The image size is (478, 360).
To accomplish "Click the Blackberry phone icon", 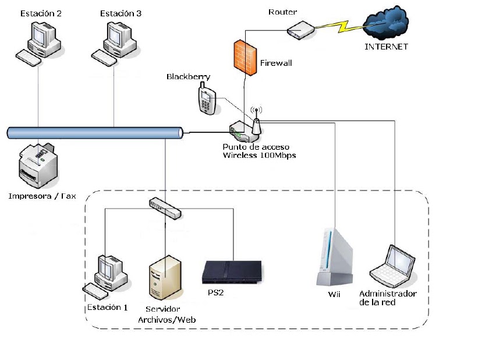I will point(207,98).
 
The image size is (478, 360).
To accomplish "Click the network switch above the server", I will point(165,207).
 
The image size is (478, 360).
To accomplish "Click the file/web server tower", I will point(165,280).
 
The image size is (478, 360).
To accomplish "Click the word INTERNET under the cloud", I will point(386,47).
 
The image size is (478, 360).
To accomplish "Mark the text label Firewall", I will point(276,62).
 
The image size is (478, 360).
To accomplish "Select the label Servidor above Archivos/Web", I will point(163,309).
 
